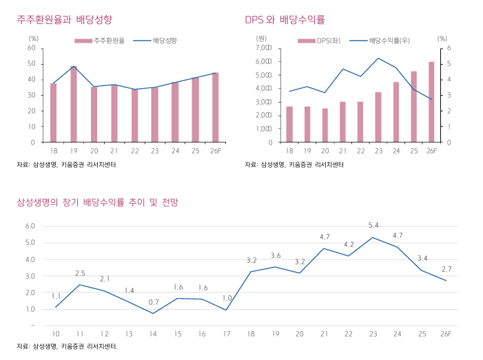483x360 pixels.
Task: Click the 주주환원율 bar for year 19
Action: [x=74, y=104]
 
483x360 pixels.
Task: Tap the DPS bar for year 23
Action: [x=378, y=117]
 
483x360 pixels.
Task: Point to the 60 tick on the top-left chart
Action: [x=32, y=47]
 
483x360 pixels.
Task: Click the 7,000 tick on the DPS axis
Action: [x=263, y=47]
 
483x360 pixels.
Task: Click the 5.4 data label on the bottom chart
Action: [x=373, y=226]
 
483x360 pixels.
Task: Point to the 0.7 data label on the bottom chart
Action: [x=153, y=302]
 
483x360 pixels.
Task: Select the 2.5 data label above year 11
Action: [x=80, y=273]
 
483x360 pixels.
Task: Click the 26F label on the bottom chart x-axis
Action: [x=446, y=334]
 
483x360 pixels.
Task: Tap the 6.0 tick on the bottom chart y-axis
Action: [x=30, y=226]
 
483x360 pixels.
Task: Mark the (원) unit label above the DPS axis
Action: [x=261, y=39]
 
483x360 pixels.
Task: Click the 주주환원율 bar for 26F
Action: [x=216, y=107]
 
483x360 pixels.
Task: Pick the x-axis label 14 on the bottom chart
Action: [x=153, y=334]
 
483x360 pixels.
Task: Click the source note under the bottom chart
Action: [x=68, y=346]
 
